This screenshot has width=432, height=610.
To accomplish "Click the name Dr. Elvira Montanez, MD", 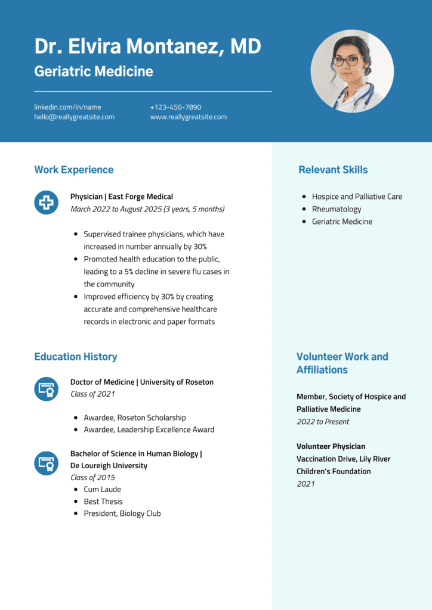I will coord(147,46).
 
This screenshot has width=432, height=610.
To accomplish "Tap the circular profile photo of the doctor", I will coord(352,71).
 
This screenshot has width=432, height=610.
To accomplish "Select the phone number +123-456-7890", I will coord(175,107).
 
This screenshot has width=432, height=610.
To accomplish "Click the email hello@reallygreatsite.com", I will coord(74,117).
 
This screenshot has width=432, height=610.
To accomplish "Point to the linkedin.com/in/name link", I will coord(67,107).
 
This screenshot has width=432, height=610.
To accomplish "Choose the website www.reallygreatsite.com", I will coord(188,117).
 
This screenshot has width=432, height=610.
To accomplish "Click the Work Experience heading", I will coord(73,170).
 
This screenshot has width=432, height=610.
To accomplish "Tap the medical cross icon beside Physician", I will coord(46,203).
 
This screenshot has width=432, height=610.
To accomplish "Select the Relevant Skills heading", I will coord(333,170).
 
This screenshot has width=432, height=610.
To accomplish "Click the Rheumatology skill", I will coord(337,209).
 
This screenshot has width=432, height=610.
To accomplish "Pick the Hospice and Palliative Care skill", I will coord(357,197).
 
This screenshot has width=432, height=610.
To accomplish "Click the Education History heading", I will coord(75,357).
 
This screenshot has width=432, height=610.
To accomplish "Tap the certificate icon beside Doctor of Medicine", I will coord(46,389).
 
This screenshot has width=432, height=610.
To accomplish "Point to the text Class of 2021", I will coord(92,394).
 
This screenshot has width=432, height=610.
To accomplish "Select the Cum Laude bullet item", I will coord(102,490).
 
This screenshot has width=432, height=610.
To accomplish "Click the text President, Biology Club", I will coord(122,513).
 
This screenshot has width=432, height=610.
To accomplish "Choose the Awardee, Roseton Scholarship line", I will coord(134,418).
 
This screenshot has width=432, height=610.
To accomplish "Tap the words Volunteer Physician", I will coord(331,446).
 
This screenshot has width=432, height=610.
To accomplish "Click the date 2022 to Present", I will coord(323,422).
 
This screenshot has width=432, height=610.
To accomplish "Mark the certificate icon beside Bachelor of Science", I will coord(46,463).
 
